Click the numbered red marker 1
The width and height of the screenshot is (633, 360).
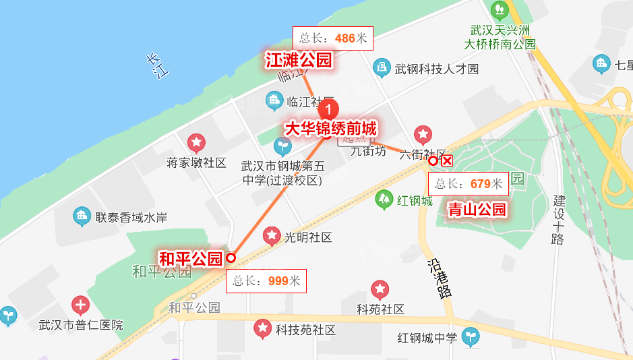pos(328,109)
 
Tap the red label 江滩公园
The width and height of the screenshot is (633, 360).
pos(299,61)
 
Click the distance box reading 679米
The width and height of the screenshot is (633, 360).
pos(469,183)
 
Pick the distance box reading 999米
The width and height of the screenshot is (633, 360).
pos(266,281)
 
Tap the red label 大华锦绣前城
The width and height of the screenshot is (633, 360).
pos(330,128)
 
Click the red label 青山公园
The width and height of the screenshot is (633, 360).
pos(477,210)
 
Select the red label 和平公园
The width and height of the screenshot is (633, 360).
pos(190,258)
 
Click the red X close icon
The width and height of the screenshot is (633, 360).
pos(446,160)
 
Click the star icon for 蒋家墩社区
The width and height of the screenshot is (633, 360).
pos(196,143)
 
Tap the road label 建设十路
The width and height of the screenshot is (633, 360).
pos(557,220)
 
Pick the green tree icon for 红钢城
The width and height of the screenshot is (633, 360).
pos(384,199)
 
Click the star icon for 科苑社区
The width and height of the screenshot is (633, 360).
pos(380,290)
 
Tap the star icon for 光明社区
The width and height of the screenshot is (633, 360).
pos(272,236)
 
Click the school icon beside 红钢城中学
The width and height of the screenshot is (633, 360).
pos(472,337)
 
